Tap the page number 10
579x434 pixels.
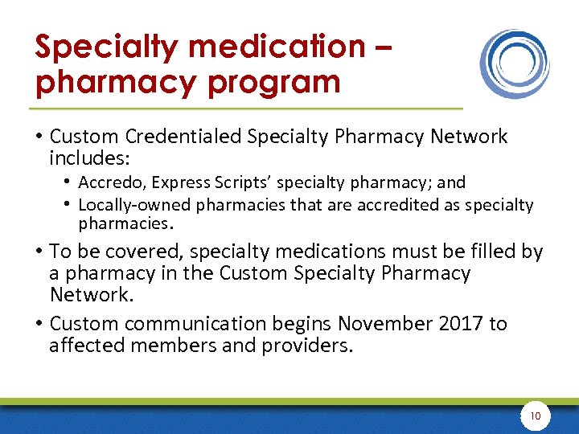[x=535, y=416]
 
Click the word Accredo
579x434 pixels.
[x=108, y=182]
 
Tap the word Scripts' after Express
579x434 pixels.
[x=235, y=182]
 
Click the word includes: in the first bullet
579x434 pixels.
[x=84, y=158]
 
